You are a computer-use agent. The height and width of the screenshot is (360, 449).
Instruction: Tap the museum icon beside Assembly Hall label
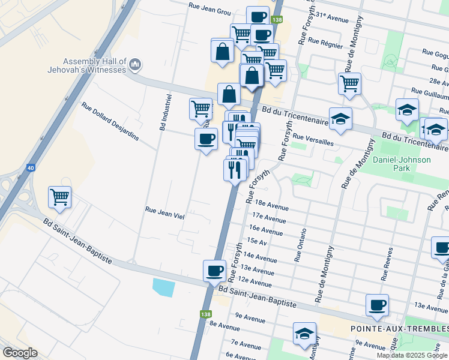tap(135, 64)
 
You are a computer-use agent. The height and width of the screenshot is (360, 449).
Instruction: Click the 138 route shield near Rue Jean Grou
tap(276, 20)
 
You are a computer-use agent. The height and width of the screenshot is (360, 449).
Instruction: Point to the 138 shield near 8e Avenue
tap(205, 313)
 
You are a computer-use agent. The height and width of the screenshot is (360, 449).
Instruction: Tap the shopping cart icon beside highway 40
tap(59, 196)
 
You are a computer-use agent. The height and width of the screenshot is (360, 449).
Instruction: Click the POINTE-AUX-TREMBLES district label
tap(399, 329)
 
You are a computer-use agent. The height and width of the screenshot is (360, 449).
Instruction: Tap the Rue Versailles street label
tap(313, 143)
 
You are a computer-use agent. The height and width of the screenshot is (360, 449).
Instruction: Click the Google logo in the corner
tap(19, 353)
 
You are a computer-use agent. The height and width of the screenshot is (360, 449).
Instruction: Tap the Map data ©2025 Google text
tap(412, 355)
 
